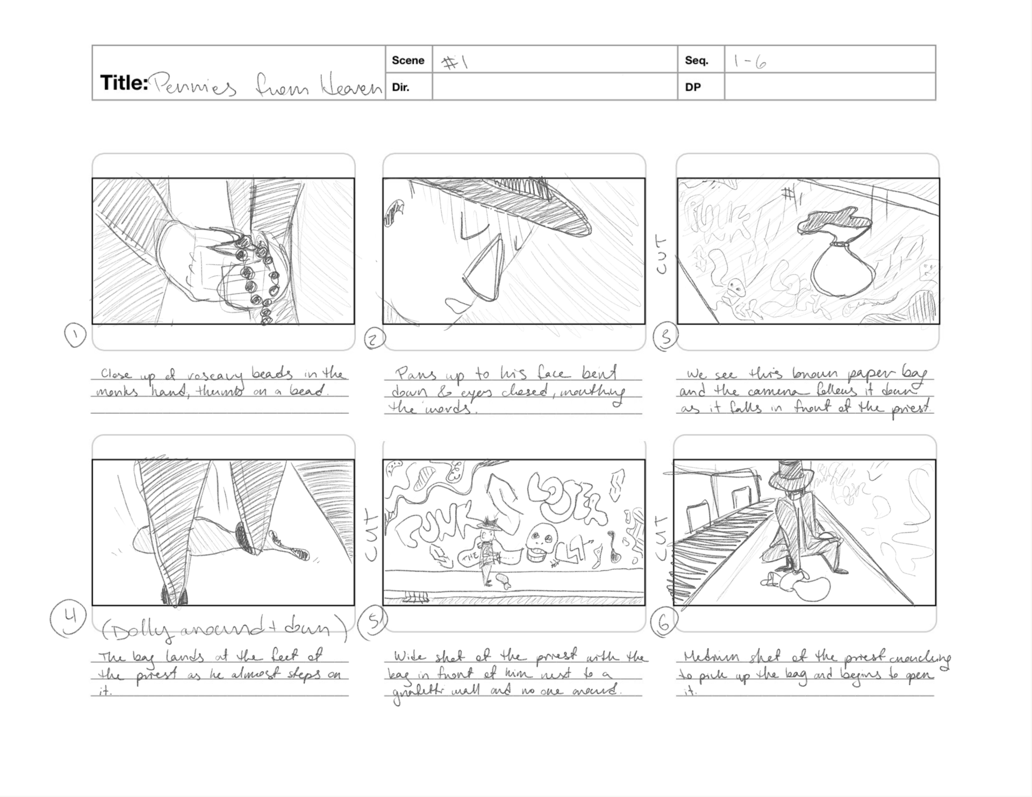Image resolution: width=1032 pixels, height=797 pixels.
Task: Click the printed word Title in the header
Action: coord(124,83)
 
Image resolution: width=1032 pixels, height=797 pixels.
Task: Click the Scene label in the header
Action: coord(408,60)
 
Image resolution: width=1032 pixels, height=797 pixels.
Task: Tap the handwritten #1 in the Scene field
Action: coord(455,63)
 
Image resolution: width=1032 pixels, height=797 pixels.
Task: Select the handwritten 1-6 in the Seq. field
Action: coord(749,63)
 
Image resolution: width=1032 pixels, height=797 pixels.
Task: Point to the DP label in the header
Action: coord(693,87)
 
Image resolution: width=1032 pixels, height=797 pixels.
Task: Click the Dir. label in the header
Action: coord(400,87)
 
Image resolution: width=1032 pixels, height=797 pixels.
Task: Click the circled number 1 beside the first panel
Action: coord(75,335)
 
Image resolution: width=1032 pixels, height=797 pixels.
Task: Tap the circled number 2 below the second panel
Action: coord(375,339)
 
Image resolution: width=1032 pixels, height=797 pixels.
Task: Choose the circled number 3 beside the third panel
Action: coord(665,338)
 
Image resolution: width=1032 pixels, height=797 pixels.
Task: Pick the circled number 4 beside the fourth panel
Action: coord(68,618)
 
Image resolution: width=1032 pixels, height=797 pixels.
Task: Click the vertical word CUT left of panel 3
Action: coord(662,254)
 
